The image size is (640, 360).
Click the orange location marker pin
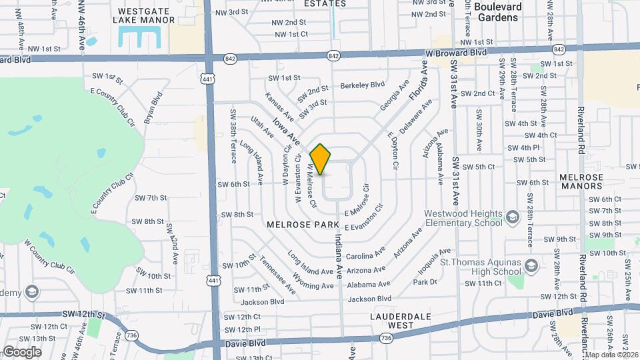[x=321, y=159]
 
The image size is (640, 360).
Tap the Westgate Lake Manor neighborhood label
[x=146, y=15]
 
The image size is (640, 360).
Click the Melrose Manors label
[x=581, y=182]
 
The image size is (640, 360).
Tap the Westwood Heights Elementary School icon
[x=512, y=217]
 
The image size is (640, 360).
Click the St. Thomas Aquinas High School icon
[x=531, y=267]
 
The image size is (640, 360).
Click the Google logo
[x=22, y=351]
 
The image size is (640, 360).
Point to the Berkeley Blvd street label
[x=363, y=85]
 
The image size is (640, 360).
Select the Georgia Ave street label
[x=394, y=97]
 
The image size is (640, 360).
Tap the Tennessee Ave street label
[x=279, y=275]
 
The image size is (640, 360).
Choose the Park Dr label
[x=425, y=282]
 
